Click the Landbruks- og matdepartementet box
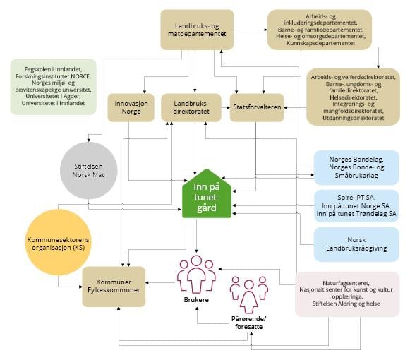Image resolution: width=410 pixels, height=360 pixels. point(197,30)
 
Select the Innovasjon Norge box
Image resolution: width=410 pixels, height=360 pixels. point(131,107)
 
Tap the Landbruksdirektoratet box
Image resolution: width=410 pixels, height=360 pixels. point(191,107)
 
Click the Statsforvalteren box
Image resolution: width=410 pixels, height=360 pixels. point(257,107)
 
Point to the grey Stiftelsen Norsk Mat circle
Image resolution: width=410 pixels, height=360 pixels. point(88,171)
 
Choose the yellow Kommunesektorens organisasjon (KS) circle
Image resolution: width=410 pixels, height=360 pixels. point(59,243)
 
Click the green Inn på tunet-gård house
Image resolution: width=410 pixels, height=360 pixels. point(207,194)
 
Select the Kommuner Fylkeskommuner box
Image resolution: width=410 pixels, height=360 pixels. point(114,287)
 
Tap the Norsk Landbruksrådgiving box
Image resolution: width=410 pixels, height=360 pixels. point(356,244)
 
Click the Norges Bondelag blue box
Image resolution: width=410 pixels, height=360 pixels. point(356,167)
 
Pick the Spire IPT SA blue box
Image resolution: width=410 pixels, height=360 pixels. point(356,206)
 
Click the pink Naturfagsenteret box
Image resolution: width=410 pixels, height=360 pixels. point(347,294)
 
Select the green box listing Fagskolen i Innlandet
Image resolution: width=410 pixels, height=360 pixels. point(54,87)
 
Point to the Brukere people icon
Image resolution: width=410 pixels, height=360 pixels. point(196,275)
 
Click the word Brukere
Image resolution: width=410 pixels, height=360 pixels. point(196,300)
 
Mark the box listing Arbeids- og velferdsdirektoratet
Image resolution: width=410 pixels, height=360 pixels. point(353,97)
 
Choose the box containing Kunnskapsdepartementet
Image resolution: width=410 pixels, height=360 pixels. point(320,30)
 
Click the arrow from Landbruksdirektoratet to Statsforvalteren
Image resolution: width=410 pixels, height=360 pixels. point(226,107)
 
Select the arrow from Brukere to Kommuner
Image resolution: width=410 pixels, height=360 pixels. point(160,283)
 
